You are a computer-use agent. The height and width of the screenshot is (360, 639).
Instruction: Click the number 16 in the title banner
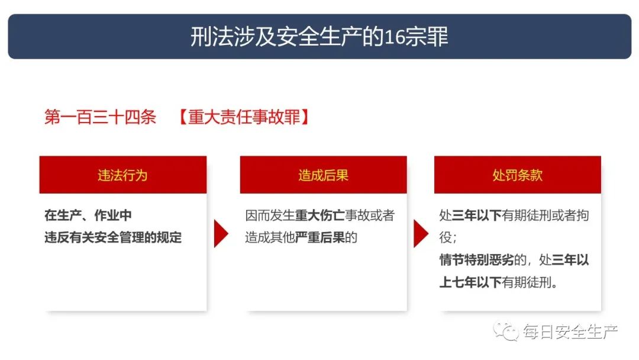[395, 37]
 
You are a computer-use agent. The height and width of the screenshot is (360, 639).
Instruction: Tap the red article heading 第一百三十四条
[100, 117]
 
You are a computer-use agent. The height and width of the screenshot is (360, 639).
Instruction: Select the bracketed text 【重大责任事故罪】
[244, 117]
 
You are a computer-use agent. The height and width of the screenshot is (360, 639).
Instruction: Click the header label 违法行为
[122, 175]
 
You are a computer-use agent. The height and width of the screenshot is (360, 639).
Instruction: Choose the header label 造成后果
[323, 175]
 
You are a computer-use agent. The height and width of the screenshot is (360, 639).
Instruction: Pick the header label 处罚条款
[518, 175]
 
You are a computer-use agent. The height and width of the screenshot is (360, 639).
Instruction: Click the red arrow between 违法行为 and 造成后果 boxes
[221, 234]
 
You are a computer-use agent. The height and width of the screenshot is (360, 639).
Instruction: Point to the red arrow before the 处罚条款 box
[421, 234]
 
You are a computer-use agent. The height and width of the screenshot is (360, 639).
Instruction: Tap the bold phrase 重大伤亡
[320, 216]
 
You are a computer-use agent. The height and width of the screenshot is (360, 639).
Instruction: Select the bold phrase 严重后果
[320, 237]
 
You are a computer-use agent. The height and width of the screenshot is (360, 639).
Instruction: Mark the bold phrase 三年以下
[477, 216]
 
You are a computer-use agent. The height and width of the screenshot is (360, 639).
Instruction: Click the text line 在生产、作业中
[88, 216]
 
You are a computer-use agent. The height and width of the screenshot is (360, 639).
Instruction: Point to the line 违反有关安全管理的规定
[113, 237]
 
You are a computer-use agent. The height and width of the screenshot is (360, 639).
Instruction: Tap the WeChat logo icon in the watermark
[505, 331]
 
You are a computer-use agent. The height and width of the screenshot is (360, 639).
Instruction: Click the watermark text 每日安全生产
[570, 332]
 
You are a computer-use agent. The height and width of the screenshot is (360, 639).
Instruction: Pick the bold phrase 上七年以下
[471, 282]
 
